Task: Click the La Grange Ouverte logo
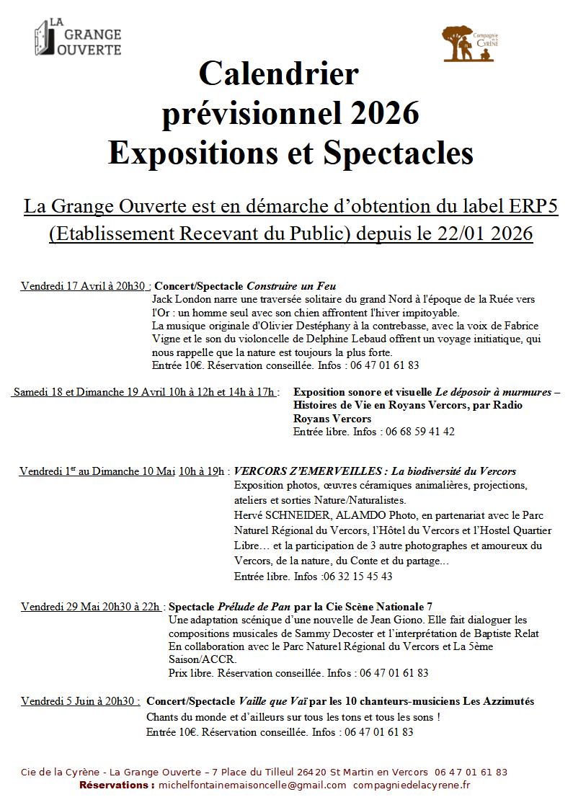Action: tap(78, 37)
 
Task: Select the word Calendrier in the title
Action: tap(278, 74)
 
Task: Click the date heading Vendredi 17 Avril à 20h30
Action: tap(84, 285)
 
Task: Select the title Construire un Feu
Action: tap(292, 285)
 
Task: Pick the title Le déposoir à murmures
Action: tap(493, 392)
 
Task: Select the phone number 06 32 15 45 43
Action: tap(357, 576)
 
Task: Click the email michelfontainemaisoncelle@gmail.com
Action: tap(252, 785)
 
